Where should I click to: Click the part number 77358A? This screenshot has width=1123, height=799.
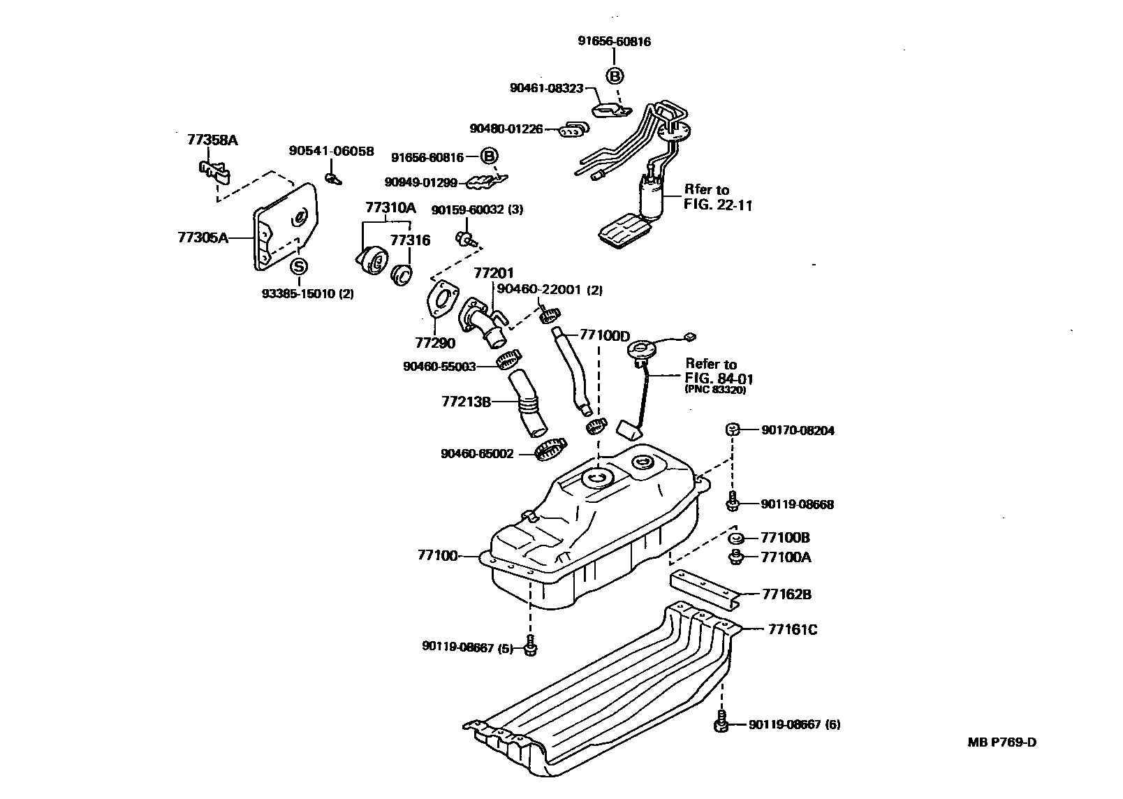click(x=212, y=140)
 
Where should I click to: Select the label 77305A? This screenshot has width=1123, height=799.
click(x=203, y=237)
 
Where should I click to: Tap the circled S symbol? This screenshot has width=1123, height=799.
click(x=298, y=267)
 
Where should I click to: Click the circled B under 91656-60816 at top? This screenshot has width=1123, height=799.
click(x=614, y=76)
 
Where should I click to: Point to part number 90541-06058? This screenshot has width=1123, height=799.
click(x=332, y=151)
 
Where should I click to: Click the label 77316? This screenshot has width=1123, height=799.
click(x=410, y=240)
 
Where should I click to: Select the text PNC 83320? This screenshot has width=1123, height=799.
click(x=715, y=390)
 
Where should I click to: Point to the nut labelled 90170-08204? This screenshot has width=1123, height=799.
click(x=732, y=430)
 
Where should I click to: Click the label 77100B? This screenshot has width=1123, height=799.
click(x=785, y=538)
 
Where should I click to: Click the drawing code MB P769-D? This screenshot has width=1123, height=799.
click(x=1001, y=742)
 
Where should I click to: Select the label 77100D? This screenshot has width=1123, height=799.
click(x=604, y=336)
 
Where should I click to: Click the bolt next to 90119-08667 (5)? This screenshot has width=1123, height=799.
click(x=530, y=647)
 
